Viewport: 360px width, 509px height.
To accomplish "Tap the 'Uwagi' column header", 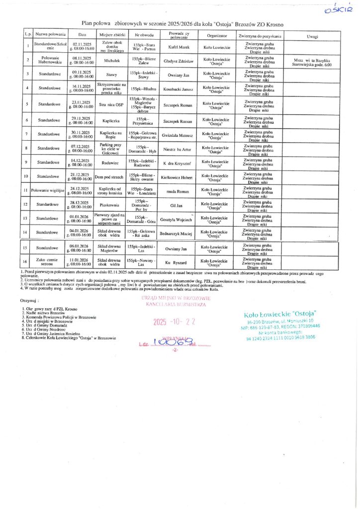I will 312,36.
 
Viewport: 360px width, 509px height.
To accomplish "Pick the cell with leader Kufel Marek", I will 178,47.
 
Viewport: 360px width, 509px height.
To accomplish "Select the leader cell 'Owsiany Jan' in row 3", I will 178,74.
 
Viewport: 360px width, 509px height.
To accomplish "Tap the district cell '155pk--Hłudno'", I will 142,88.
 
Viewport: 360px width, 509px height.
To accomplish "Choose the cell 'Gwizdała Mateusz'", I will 178,135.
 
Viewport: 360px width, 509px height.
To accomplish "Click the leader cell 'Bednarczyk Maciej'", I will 178,232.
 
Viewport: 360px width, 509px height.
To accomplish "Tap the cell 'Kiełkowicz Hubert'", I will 178,176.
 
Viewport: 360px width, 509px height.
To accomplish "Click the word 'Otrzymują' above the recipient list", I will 29,301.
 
